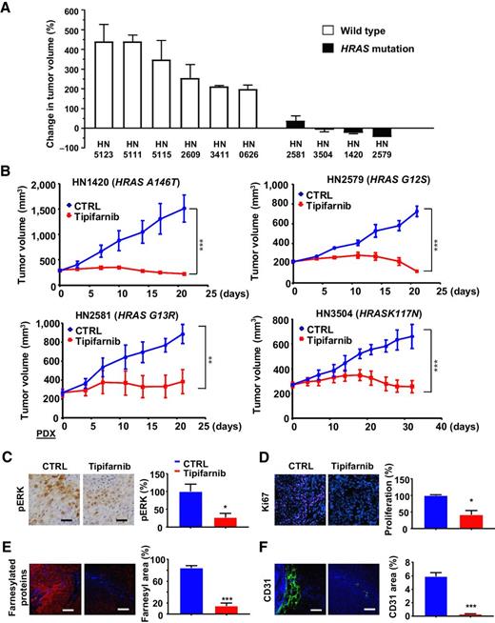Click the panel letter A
pyautogui.click(x=8, y=8)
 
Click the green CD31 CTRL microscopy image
pyautogui.click(x=309, y=578)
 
